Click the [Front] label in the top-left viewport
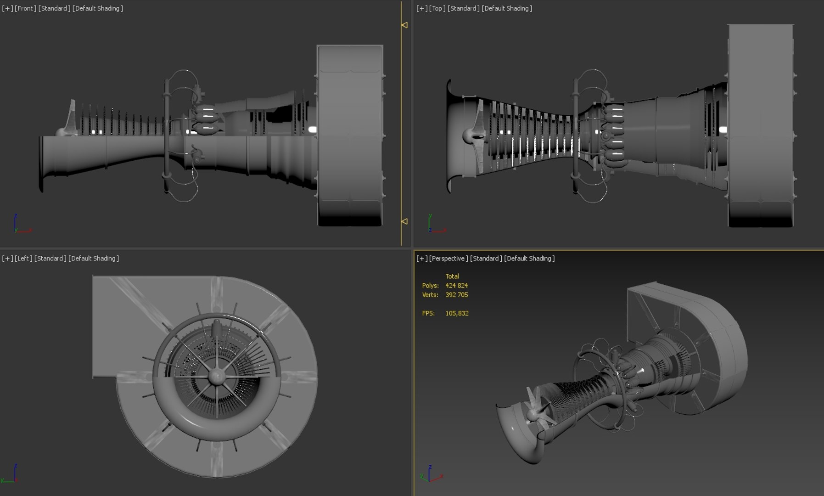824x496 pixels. point(25,8)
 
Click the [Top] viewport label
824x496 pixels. point(437,8)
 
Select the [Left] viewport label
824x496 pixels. point(23,259)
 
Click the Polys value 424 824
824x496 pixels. point(456,286)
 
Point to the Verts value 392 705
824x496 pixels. point(456,295)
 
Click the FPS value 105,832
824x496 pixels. point(457,313)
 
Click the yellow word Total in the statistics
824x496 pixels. point(452,276)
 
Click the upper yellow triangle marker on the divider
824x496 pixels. point(404,25)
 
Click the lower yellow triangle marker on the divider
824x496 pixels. point(404,221)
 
